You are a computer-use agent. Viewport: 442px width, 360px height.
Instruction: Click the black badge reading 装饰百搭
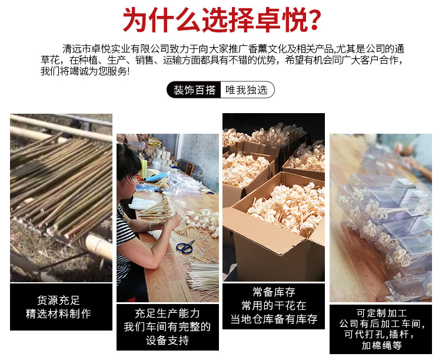195,90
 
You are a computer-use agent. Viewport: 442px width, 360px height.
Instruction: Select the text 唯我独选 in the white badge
247,90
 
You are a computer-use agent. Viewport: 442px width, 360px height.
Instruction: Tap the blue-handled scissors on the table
185,247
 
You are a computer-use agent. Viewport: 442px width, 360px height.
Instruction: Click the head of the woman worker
128,161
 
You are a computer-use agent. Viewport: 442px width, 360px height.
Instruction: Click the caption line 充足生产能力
167,313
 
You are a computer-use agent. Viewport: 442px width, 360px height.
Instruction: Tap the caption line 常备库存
273,292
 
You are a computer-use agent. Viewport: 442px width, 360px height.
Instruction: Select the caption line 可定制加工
381,313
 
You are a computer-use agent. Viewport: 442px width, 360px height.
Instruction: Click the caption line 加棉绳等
381,346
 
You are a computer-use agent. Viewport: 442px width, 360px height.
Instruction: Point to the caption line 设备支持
167,341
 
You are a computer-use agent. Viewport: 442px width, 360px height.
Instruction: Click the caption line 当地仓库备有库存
273,319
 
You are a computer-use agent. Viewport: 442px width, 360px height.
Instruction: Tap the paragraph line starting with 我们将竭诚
85,71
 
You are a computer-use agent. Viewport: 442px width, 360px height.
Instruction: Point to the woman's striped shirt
125,236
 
